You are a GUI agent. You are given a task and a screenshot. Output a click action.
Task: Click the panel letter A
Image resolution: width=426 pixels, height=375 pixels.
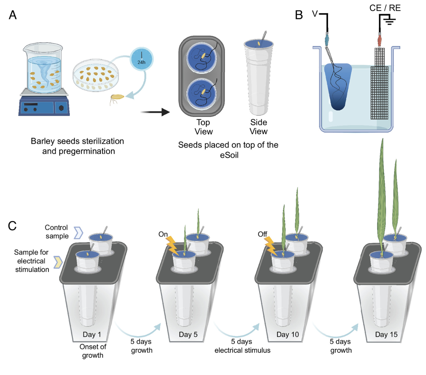point(13,15)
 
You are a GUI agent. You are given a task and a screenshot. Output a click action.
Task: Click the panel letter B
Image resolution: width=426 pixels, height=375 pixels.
point(299,15)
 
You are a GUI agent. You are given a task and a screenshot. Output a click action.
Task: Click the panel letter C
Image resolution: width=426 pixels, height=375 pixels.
point(12,226)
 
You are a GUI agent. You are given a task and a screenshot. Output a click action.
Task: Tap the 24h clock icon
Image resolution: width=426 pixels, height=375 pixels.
point(142,59)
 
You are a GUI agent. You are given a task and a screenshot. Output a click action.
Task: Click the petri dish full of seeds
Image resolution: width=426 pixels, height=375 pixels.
point(96,75)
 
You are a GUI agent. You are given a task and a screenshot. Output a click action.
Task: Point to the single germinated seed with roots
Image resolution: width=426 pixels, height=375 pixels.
point(117,98)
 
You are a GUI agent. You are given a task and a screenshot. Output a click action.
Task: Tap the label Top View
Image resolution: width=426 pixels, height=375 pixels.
point(203,127)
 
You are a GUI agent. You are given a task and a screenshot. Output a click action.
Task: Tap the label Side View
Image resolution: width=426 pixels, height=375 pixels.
point(258,127)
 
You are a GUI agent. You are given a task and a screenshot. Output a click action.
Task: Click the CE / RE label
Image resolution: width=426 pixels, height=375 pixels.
point(385,8)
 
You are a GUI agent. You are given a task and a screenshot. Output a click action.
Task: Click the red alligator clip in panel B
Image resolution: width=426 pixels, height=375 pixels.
point(380,40)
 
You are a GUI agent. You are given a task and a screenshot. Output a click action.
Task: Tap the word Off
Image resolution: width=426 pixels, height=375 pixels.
point(262,234)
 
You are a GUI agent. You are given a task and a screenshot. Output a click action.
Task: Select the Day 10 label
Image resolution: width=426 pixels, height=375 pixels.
point(288,334)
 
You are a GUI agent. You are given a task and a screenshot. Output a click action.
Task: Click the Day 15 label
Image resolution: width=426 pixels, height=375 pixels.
point(386,334)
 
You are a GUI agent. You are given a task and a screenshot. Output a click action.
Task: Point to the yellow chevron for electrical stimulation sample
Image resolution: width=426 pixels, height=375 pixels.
point(58,262)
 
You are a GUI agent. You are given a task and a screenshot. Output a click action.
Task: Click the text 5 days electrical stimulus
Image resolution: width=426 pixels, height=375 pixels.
point(242,346)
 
